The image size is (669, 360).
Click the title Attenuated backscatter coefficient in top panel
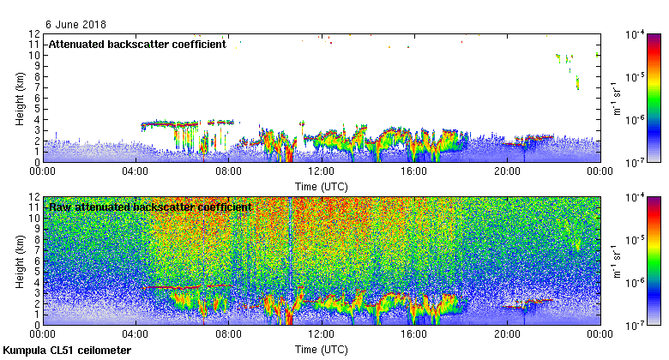pos(137,44)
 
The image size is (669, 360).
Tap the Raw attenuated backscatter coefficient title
pos(150,207)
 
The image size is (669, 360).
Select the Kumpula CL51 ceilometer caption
pos(67,351)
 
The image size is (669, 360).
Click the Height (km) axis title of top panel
pos(20,97)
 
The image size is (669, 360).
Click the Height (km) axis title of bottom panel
pos(20,260)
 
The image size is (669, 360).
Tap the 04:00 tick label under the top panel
pos(136,171)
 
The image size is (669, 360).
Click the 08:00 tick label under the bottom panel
pos(228,334)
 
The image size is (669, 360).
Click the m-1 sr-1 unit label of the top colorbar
pos(618,97)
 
